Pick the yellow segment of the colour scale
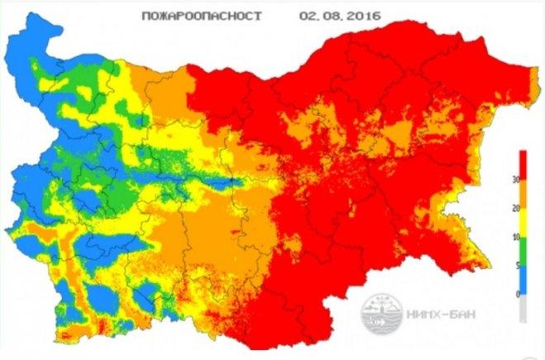(522, 222)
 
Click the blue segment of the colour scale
(522, 279)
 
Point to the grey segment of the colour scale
(522, 307)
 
